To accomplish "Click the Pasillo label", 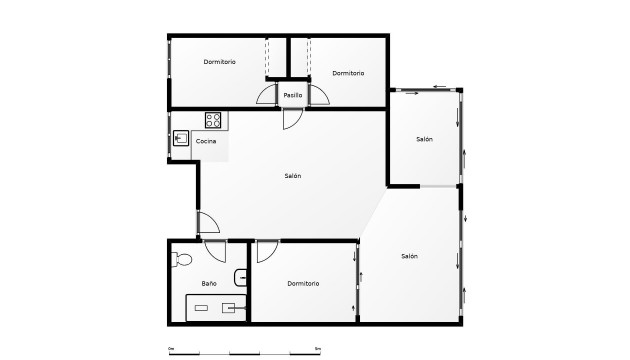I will click(x=292, y=95).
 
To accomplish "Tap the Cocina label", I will click(x=205, y=141).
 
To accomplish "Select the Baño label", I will click(x=209, y=284).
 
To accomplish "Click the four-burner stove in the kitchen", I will click(x=213, y=120).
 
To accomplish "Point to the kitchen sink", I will click(x=182, y=139).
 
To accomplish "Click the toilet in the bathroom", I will click(x=181, y=262).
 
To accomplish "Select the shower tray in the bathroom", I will click(x=216, y=308).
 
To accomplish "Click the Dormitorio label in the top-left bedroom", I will click(x=219, y=62).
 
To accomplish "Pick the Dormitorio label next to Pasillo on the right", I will click(x=348, y=73).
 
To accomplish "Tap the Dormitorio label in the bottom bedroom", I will click(x=303, y=284).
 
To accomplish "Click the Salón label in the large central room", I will click(x=292, y=176).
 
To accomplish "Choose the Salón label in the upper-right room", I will click(x=424, y=139).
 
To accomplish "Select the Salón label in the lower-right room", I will click(x=409, y=256).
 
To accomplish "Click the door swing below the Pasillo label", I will click(x=292, y=118).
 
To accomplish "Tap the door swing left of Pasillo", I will click(x=267, y=95).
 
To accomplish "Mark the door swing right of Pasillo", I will click(x=319, y=95).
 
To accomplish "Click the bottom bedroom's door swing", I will click(x=266, y=251).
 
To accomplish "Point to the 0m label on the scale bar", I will click(x=171, y=347).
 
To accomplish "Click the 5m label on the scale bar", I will click(x=317, y=347).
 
